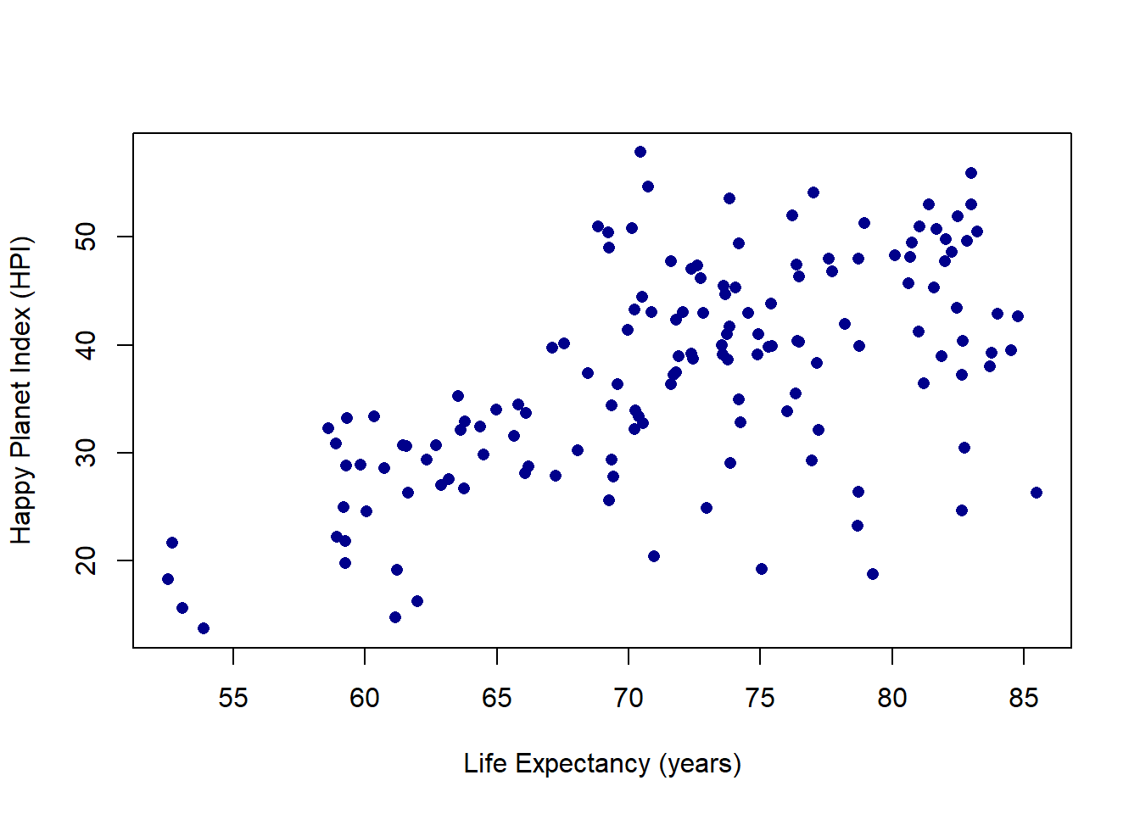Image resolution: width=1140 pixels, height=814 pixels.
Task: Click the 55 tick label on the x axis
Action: pyautogui.click(x=232, y=698)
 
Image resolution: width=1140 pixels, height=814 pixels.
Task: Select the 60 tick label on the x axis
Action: pyautogui.click(x=365, y=698)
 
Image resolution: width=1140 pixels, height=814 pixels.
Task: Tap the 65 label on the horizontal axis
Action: pyautogui.click(x=496, y=698)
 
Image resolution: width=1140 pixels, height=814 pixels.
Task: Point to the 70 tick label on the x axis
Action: pyautogui.click(x=629, y=698)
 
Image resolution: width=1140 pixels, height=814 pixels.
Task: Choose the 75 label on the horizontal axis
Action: pyautogui.click(x=760, y=698)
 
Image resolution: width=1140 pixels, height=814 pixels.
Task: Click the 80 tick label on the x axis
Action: pyautogui.click(x=892, y=698)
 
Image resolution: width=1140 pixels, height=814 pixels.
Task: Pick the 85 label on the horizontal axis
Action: pyautogui.click(x=1024, y=698)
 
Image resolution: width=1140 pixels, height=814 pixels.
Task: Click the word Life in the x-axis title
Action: pyautogui.click(x=485, y=763)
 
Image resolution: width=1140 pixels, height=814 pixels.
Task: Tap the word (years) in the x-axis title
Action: pyautogui.click(x=700, y=764)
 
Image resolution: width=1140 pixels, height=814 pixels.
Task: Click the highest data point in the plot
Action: pyautogui.click(x=640, y=152)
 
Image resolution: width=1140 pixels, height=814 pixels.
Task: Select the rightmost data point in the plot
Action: pyautogui.click(x=1037, y=493)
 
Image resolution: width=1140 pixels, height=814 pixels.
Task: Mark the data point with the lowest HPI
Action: pyautogui.click(x=204, y=628)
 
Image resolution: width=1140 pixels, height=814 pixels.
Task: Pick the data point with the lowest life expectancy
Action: pyautogui.click(x=168, y=579)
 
